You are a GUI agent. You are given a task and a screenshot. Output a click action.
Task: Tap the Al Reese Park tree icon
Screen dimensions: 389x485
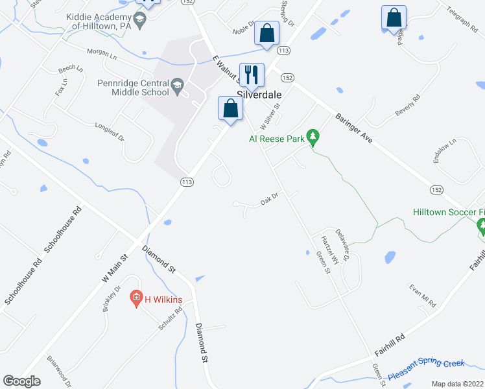313,137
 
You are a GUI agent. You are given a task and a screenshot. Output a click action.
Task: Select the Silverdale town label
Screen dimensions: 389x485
259,93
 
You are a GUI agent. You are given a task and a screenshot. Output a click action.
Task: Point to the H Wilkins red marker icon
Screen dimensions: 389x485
136,300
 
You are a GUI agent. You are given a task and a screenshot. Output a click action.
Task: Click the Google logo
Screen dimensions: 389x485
22,381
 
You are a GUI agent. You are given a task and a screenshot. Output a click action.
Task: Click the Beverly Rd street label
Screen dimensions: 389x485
408,106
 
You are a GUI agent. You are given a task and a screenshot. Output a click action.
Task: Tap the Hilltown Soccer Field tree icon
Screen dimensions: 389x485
480,226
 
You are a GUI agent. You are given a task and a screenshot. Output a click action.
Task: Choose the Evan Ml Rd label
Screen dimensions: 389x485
423,296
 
